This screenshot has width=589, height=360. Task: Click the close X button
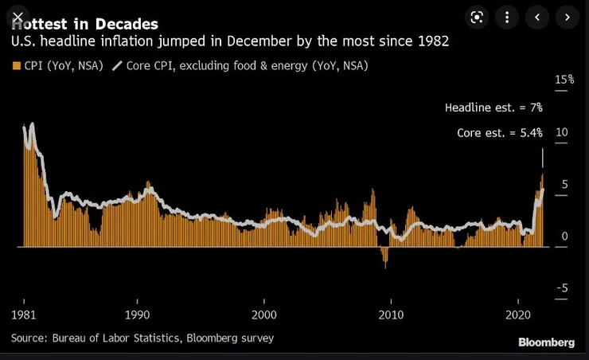tap(18, 17)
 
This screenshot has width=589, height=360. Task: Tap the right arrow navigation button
tap(567, 17)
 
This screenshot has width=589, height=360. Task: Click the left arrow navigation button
tap(538, 17)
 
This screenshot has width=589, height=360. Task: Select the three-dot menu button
tap(506, 17)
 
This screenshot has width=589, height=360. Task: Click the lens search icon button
tap(476, 17)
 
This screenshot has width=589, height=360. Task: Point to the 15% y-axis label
tap(564, 80)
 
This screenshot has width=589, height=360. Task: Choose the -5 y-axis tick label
tap(561, 288)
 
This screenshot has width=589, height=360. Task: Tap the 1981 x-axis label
tap(23, 315)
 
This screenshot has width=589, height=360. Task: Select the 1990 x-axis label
tap(138, 315)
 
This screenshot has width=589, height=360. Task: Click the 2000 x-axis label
tap(264, 315)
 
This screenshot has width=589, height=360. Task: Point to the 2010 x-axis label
tap(391, 315)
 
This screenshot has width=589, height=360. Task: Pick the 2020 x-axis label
tap(517, 315)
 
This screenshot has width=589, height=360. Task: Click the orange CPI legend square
tap(16, 65)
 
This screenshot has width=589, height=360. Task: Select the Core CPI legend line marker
tap(118, 65)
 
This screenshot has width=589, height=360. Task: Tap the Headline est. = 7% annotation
tap(493, 108)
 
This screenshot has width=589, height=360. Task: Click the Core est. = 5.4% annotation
tap(499, 133)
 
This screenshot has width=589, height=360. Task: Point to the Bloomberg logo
tap(546, 342)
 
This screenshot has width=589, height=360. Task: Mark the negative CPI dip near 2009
tap(386, 258)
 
